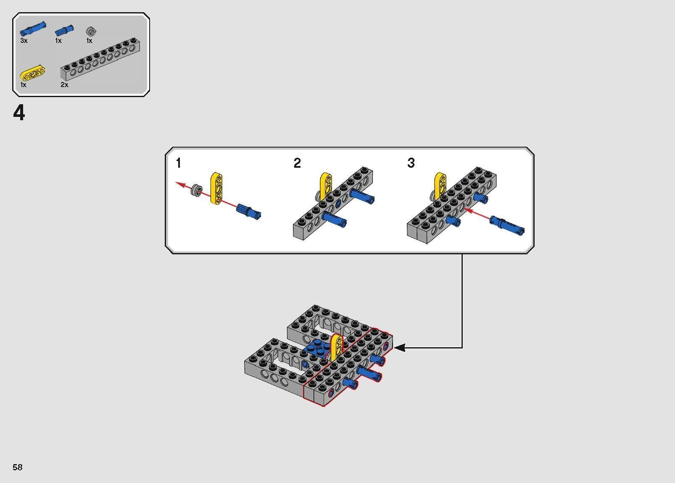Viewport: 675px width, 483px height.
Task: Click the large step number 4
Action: pos(19,113)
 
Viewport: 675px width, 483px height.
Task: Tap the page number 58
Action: pos(17,467)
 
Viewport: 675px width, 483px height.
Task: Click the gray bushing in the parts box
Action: pos(91,31)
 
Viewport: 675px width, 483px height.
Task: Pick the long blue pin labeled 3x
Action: pos(33,29)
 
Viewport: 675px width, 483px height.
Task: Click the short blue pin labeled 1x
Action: pos(64,31)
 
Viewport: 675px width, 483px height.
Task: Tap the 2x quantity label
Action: pos(64,84)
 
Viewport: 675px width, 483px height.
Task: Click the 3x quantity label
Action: pos(24,41)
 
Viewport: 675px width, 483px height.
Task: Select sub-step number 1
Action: pos(179,163)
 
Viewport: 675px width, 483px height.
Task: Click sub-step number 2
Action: pos(297,163)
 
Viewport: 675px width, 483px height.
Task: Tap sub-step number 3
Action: pos(411,163)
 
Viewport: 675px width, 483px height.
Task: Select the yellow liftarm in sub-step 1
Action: pos(217,188)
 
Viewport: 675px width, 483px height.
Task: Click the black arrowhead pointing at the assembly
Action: pos(399,348)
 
